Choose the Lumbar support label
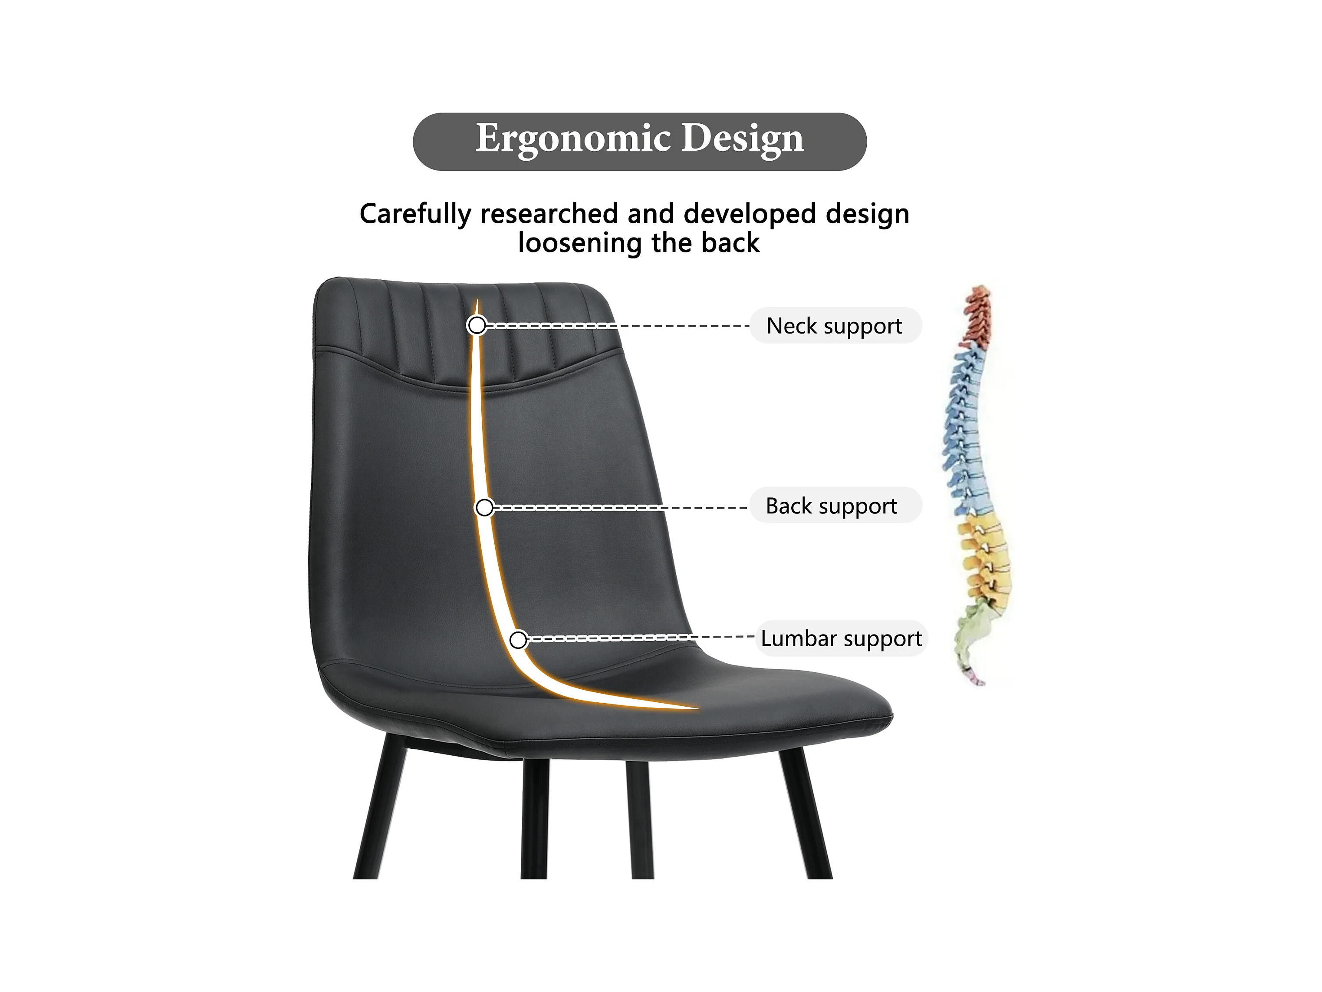tap(841, 638)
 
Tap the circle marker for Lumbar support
tap(518, 640)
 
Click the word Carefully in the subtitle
tap(415, 214)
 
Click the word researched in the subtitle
tap(549, 214)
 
